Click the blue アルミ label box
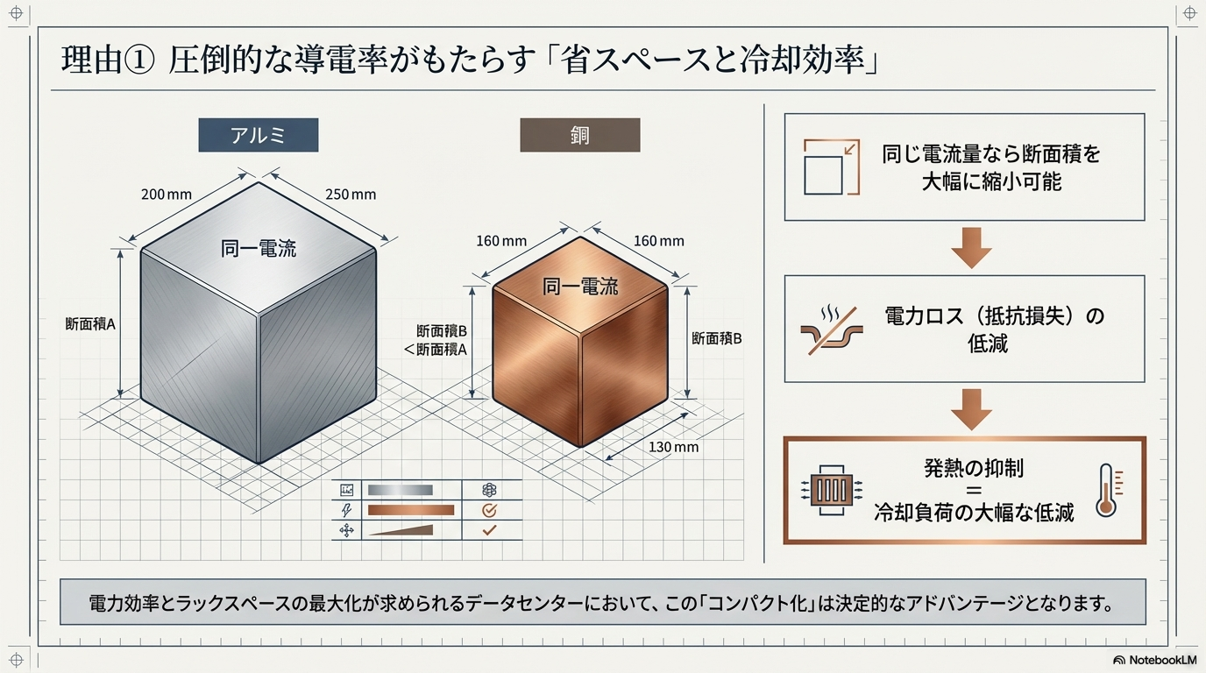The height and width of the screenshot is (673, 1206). pyautogui.click(x=259, y=135)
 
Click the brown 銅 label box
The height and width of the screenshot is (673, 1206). pyautogui.click(x=580, y=135)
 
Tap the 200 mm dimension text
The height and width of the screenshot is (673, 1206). pyautogui.click(x=167, y=195)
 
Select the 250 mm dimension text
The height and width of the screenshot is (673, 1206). pyautogui.click(x=351, y=195)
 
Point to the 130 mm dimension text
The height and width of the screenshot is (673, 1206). pyautogui.click(x=673, y=447)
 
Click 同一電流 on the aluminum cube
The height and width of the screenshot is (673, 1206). pyautogui.click(x=259, y=249)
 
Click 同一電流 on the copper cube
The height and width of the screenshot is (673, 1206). pyautogui.click(x=580, y=287)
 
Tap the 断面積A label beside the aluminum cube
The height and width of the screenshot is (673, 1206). pyautogui.click(x=90, y=324)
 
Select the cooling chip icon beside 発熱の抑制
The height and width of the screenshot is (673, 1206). pyautogui.click(x=832, y=490)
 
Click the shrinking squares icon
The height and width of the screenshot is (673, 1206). pyautogui.click(x=831, y=166)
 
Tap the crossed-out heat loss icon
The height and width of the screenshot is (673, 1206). pyautogui.click(x=831, y=330)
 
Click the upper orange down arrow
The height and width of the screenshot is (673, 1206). pyautogui.click(x=971, y=248)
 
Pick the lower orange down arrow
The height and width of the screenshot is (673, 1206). pyautogui.click(x=971, y=410)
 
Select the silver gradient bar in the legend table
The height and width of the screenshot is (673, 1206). pyautogui.click(x=400, y=490)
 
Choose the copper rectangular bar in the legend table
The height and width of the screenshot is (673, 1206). pyautogui.click(x=411, y=510)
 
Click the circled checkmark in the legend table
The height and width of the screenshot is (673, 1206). pyautogui.click(x=489, y=510)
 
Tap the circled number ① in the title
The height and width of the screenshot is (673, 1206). pyautogui.click(x=138, y=60)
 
